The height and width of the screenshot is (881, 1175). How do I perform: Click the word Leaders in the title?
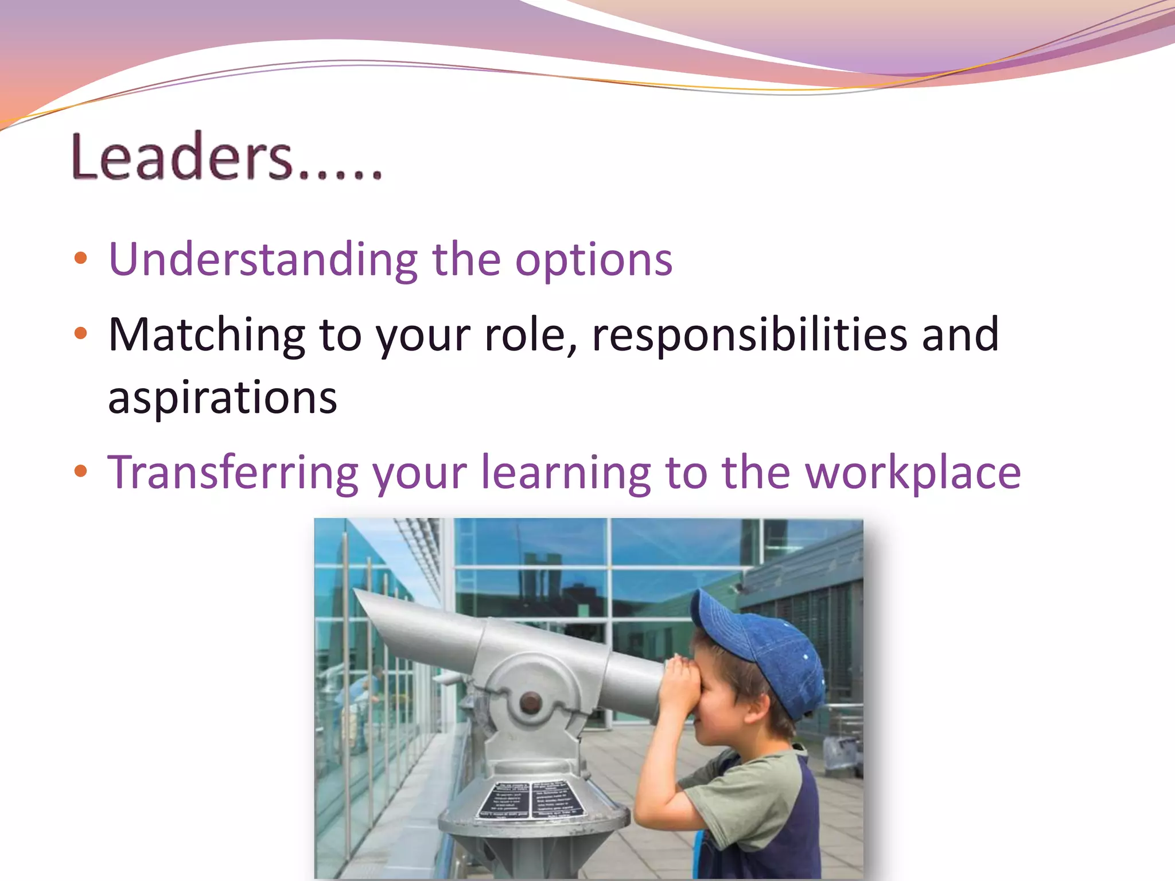182,157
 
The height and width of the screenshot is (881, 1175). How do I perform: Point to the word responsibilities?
749,335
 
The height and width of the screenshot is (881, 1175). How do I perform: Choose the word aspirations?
223,397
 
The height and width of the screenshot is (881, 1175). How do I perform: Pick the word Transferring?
232,473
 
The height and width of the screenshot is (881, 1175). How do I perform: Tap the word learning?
565,473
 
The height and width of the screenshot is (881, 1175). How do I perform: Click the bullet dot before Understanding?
81,258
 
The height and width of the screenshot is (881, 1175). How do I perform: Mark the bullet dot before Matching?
81,333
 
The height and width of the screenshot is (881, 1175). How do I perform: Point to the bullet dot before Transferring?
81,471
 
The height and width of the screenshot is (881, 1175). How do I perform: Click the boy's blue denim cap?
763,648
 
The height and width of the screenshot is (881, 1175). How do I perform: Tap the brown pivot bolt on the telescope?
530,701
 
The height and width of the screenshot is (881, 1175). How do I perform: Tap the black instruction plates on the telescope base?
531,799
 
